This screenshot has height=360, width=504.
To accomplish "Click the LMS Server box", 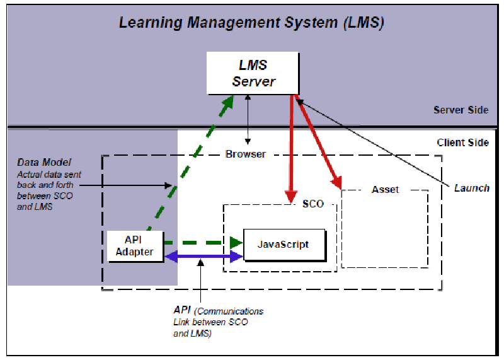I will click(x=253, y=73).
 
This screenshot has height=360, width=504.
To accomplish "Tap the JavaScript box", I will click(x=283, y=245).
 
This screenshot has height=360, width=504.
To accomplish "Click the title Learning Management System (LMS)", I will click(x=251, y=23).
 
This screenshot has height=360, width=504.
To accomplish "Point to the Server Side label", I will click(x=461, y=110).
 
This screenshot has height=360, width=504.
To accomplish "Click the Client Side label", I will click(x=462, y=142).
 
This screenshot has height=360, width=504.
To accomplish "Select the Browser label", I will click(x=246, y=154).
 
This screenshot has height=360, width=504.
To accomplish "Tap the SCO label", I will click(x=312, y=204).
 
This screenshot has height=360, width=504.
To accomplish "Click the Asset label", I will click(x=385, y=189).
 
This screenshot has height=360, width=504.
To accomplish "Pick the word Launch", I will click(x=471, y=188).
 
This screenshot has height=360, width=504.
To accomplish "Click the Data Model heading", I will click(x=44, y=163).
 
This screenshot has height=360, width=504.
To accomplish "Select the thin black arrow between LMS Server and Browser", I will click(x=249, y=120).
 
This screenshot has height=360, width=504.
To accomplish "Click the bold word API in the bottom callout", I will click(x=181, y=310).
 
